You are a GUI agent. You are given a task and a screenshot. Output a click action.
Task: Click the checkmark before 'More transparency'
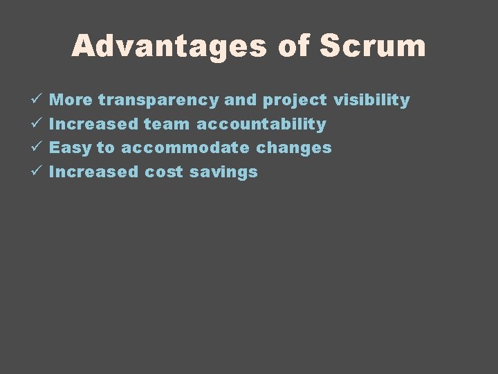click(x=37, y=100)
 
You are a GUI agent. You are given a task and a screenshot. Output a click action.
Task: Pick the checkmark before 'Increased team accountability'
click(x=37, y=124)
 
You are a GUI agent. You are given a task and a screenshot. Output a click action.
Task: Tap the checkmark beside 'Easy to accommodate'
click(x=37, y=148)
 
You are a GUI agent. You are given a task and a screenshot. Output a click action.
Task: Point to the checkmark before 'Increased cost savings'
click(x=37, y=172)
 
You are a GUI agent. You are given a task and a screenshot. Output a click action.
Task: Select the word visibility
click(x=371, y=100)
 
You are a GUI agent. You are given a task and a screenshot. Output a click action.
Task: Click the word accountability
click(x=261, y=125)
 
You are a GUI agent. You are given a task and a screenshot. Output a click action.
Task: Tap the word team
click(x=167, y=124)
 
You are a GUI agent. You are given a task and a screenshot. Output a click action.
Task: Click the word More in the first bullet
click(x=72, y=100)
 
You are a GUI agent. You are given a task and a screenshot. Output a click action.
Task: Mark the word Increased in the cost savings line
click(x=94, y=172)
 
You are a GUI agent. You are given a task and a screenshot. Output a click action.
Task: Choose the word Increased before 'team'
click(x=94, y=124)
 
